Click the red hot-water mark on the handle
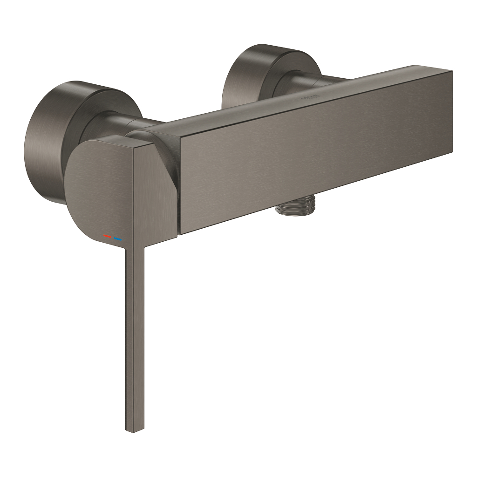pyautogui.click(x=107, y=237)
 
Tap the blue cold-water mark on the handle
pyautogui.click(x=117, y=239)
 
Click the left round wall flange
pyautogui.click(x=44, y=140)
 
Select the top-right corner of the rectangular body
pyautogui.click(x=451, y=71)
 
